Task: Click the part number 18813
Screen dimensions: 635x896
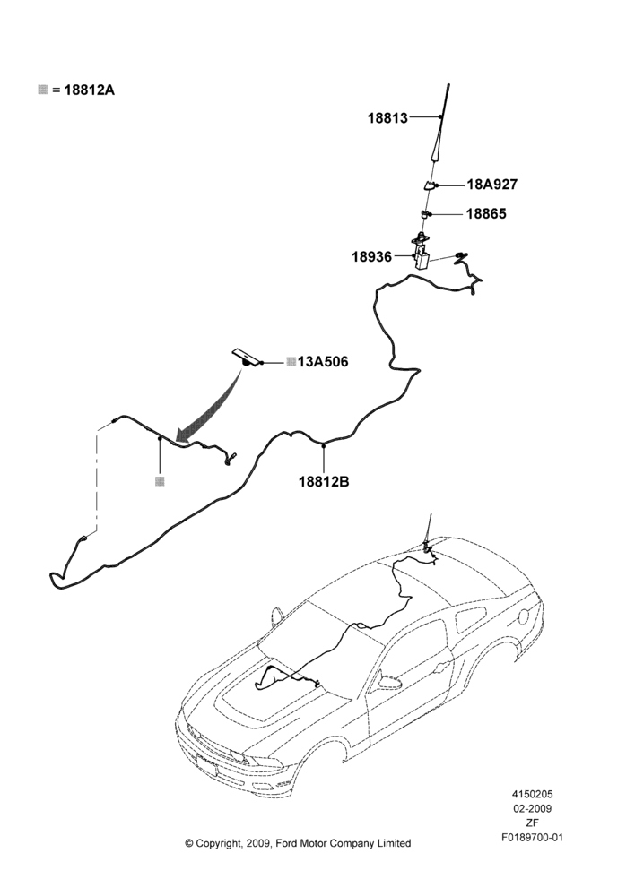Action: [x=387, y=118]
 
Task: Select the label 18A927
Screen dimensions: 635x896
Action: [x=492, y=185]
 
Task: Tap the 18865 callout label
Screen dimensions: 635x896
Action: [x=486, y=214]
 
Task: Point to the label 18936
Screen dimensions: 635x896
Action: [x=372, y=257]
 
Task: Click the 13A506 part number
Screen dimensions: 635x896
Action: [x=323, y=362]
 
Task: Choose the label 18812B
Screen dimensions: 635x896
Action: [x=324, y=482]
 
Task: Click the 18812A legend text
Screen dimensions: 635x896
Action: [x=90, y=90]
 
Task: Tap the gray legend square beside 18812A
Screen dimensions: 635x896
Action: [x=42, y=89]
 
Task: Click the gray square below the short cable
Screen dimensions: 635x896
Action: [x=161, y=482]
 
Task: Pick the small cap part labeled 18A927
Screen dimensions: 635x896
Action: [x=429, y=185]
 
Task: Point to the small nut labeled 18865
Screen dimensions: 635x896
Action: [x=424, y=214]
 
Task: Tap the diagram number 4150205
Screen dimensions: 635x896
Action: [x=532, y=794]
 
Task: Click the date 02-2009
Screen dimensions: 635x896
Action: [x=532, y=808]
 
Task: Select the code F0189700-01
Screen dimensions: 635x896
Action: [x=532, y=838]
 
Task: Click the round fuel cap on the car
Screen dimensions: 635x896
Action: [x=523, y=617]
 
